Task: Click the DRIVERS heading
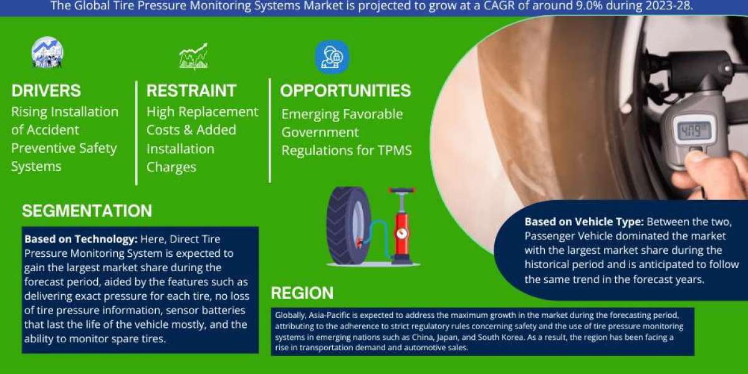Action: [46, 90]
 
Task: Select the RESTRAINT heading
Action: [191, 90]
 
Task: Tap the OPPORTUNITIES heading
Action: [345, 90]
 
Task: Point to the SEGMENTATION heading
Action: [87, 211]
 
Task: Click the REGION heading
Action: [302, 293]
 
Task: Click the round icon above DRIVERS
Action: [47, 52]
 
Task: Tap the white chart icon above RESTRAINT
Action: [194, 56]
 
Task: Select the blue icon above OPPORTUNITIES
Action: [332, 57]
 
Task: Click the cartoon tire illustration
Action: [348, 226]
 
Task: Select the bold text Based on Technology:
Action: [81, 239]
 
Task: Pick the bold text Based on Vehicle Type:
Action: [584, 222]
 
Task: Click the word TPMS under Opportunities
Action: [395, 150]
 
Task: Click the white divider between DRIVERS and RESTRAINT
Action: [137, 133]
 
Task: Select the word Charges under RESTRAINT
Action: [171, 167]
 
